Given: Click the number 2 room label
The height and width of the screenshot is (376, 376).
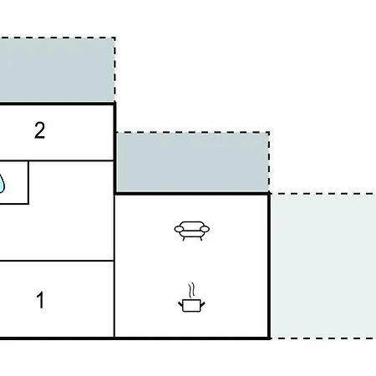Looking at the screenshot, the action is [39, 130].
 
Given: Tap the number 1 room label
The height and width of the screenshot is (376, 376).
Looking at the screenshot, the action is [41, 300].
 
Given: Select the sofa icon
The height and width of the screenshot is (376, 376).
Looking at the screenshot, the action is [192, 231].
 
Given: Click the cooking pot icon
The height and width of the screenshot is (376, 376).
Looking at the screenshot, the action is [191, 297].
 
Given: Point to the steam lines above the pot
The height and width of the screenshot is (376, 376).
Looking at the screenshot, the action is [191, 291].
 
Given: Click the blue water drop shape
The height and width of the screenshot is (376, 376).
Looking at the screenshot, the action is [2, 183].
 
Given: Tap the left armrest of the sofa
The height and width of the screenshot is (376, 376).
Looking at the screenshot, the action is [179, 229].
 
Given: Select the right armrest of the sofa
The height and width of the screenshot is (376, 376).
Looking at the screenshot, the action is [205, 229].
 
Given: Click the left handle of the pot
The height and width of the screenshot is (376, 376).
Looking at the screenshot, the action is [180, 304].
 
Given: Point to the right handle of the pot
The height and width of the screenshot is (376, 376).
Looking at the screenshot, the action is [202, 304].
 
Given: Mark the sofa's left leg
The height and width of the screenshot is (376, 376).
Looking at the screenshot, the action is [184, 238].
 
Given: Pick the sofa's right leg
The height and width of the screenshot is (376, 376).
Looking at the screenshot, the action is [201, 238].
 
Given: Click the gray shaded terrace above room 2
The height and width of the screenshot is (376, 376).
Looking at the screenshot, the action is [57, 70].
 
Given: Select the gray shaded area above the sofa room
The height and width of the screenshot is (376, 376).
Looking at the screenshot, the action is [192, 162].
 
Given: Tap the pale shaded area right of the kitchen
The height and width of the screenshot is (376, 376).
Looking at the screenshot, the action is [323, 266].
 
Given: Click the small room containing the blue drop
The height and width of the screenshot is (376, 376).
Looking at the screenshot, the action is [14, 182].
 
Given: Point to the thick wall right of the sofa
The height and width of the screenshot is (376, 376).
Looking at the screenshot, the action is [269, 266].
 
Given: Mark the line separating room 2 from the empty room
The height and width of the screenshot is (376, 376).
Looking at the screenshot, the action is [57, 160].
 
